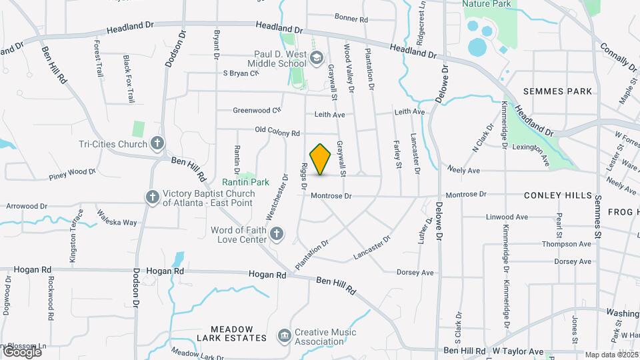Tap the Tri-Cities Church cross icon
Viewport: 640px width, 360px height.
pos(157,143)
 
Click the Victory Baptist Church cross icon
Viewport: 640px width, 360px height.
pos(152,197)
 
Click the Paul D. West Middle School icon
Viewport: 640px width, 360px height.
pos(316,58)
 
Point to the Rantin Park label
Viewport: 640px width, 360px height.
pos(245,181)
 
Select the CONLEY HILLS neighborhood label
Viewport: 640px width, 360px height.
pos(558,195)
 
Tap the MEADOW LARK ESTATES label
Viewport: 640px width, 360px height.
pos(232,333)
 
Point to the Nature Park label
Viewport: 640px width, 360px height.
pos(487,4)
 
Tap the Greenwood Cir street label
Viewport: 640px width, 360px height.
pos(257,110)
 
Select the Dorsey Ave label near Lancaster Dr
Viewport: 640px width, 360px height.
pos(415,272)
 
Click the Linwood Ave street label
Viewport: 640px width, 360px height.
pos(507,217)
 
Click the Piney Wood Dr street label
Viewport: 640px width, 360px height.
pos(73,173)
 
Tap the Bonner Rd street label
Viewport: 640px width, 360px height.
pos(351,19)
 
